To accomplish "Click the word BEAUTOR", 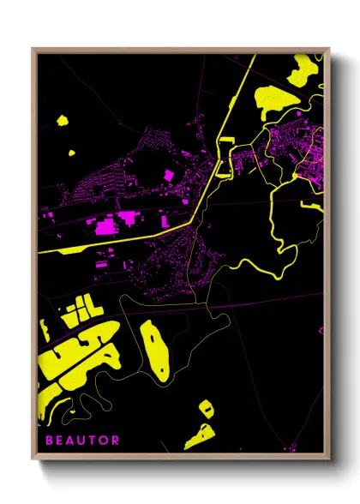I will tap(79, 441).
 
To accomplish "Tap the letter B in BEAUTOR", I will tap(43, 441).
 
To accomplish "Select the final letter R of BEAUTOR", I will tap(115, 441).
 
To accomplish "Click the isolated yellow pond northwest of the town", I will tap(62, 120).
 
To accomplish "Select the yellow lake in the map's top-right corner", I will tap(301, 69).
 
